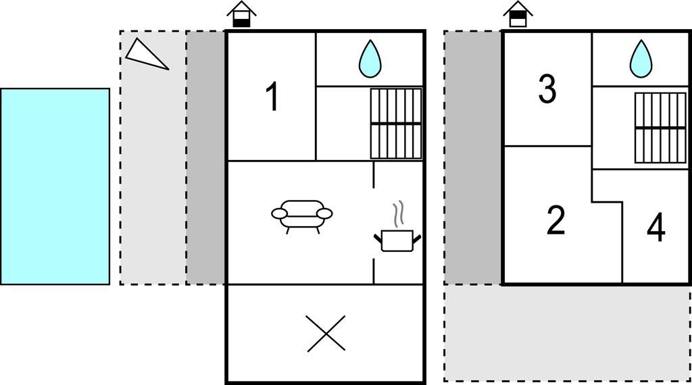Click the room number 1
[272, 97]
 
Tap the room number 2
[555, 220]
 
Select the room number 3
[547, 89]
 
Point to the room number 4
[656, 228]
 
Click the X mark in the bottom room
[326, 333]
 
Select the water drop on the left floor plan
[370, 59]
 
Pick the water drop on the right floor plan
[641, 59]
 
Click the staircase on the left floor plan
[396, 124]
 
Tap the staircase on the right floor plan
[660, 128]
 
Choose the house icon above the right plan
[518, 14]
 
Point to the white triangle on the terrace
[145, 54]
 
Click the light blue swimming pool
[55, 186]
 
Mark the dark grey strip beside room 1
[206, 157]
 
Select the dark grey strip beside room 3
[473, 157]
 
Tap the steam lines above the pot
[400, 212]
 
